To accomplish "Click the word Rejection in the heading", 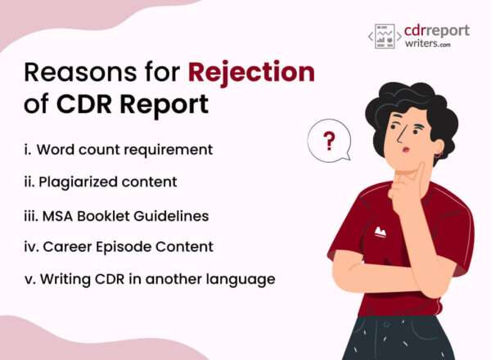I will tap(251, 73).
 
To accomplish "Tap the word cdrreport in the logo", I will tap(437, 31).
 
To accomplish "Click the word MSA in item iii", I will tap(62, 216).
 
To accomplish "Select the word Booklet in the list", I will tap(111, 216).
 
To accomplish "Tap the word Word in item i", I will tap(63, 150).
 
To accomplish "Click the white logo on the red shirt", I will tap(380, 233).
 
